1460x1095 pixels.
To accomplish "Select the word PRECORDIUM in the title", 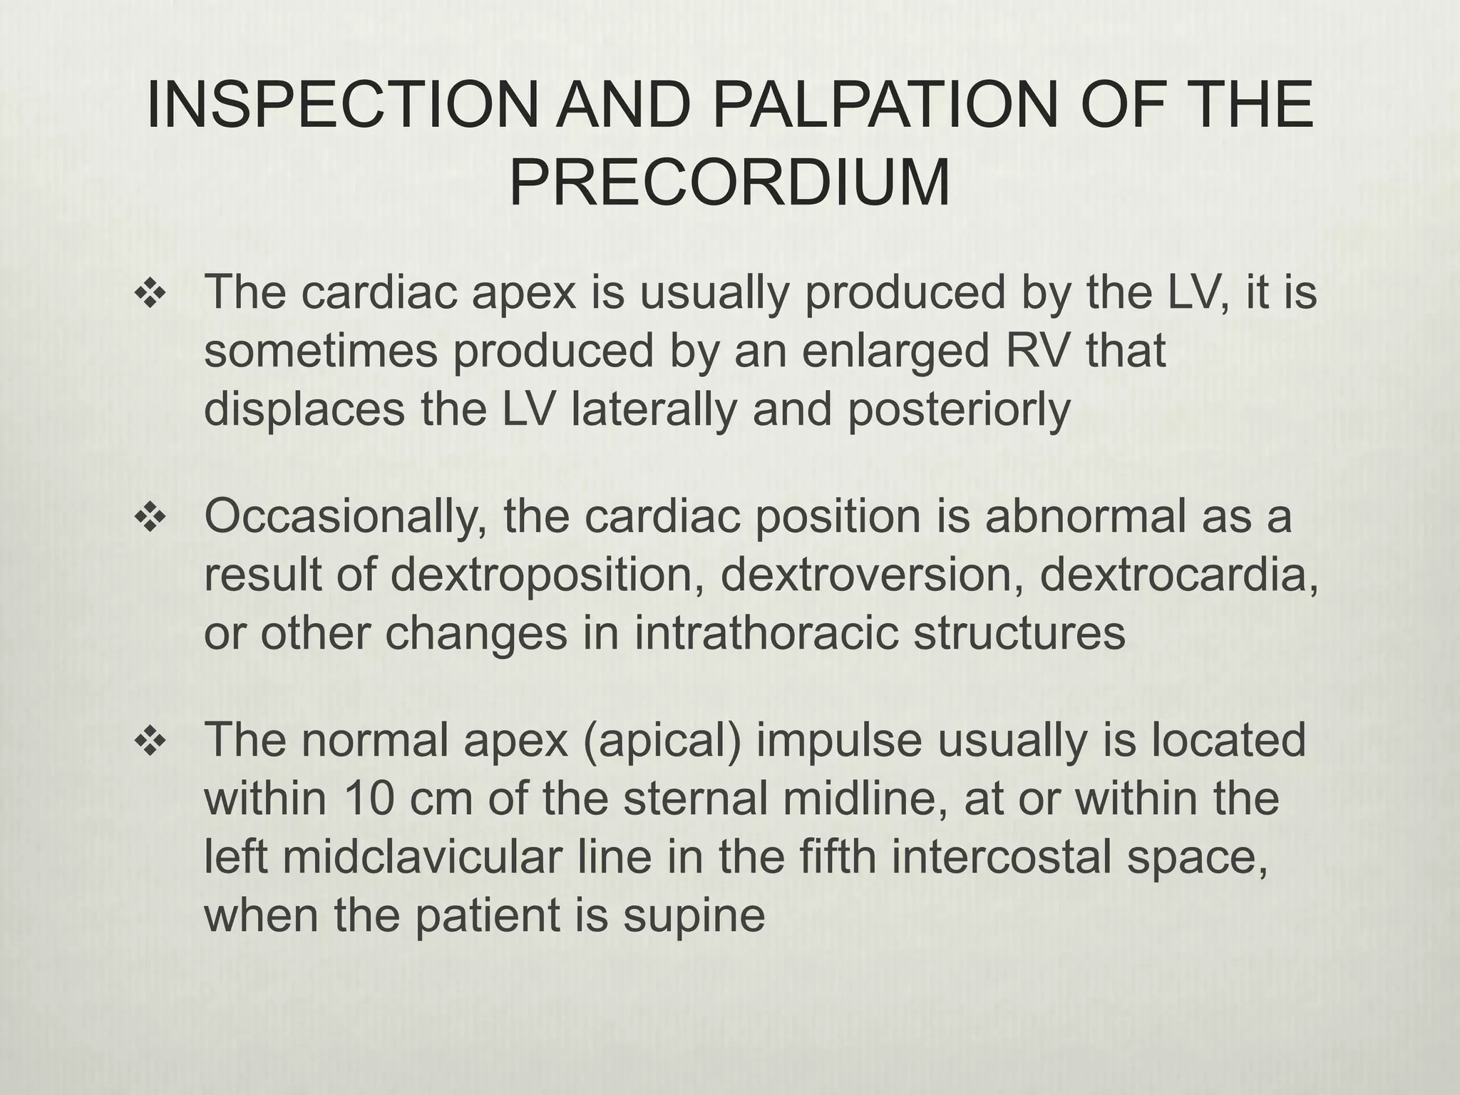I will coord(730,183).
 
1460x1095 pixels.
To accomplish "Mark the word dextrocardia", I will coord(1176,575).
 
